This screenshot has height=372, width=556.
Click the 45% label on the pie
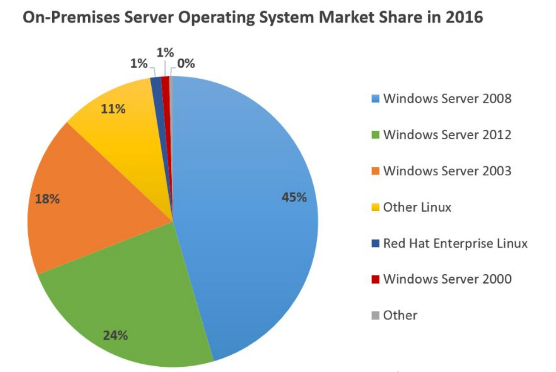(294, 197)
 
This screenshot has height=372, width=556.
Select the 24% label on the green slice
(115, 335)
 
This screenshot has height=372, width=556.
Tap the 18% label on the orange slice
(47, 199)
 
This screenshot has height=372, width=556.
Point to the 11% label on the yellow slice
(113, 109)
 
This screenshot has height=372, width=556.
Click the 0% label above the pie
(186, 64)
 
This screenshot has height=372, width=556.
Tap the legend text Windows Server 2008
(447, 99)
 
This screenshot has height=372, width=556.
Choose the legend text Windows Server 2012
(447, 135)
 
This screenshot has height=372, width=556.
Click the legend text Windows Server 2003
(447, 171)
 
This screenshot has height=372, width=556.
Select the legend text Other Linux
(417, 207)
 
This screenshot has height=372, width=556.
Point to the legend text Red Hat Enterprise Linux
(455, 243)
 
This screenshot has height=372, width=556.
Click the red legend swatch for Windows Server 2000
(375, 279)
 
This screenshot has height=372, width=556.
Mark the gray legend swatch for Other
(375, 315)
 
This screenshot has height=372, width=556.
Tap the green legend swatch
(375, 135)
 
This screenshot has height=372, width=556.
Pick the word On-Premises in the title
(71, 17)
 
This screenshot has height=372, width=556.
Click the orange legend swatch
(375, 171)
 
